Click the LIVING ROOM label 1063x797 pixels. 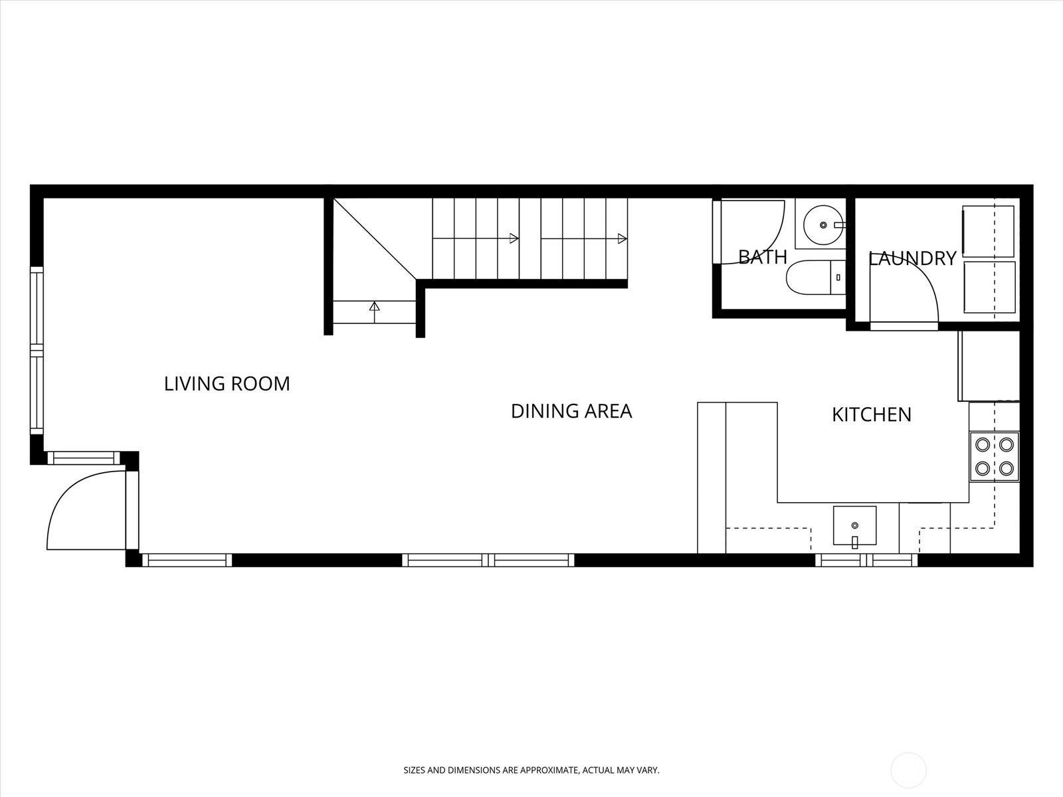pos(227,384)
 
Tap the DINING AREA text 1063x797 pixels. pos(571,411)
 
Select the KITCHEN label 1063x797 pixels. pos(871,414)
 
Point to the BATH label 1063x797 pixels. pos(762,257)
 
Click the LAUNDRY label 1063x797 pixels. pos(912,258)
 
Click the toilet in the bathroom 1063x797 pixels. pos(815,278)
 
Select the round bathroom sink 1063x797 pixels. pos(822,226)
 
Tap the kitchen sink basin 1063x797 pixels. pos(854,527)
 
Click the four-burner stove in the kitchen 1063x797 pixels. pos(994,457)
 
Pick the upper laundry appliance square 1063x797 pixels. pos(988,231)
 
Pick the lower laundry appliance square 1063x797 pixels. pos(989,287)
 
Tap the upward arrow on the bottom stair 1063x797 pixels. pos(374,307)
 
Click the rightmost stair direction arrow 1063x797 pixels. pos(622,238)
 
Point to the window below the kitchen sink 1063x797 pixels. pos(866,560)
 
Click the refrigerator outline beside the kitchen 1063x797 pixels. pos(989,366)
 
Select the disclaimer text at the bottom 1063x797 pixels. pos(531,770)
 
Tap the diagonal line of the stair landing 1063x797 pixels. pos(374,239)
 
